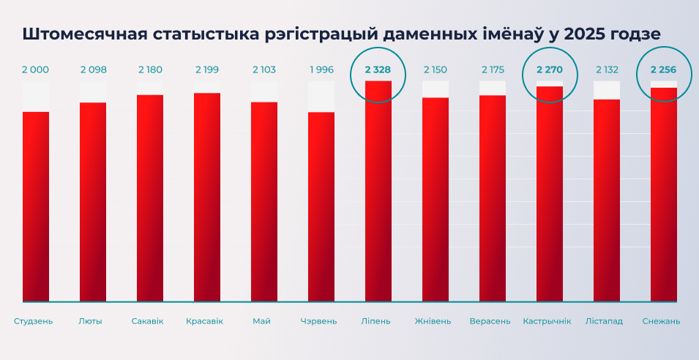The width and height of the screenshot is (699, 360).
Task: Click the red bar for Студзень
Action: point(36,206)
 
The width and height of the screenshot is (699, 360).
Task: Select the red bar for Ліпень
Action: point(378,191)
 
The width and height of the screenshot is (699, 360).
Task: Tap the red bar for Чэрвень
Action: point(321,206)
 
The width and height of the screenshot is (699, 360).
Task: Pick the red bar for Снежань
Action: point(664,195)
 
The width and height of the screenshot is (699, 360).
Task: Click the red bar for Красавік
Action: point(207,197)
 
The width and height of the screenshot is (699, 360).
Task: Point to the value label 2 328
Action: point(378,70)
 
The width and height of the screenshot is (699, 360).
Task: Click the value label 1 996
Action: point(321,70)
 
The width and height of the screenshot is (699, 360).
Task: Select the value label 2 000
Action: point(36,70)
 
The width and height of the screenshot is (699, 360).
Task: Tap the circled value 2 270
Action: point(550,70)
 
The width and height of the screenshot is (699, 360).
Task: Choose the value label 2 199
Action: point(207,70)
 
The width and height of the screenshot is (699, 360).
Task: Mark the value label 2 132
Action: point(607,70)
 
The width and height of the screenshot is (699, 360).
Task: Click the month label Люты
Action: point(90,321)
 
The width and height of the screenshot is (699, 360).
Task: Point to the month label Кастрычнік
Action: point(547,321)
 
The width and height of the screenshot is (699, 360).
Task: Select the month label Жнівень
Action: point(433,321)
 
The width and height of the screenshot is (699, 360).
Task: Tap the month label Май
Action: point(261,321)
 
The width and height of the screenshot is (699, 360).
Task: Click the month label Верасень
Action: point(490,321)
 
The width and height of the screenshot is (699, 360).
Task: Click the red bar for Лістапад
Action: point(607,200)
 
